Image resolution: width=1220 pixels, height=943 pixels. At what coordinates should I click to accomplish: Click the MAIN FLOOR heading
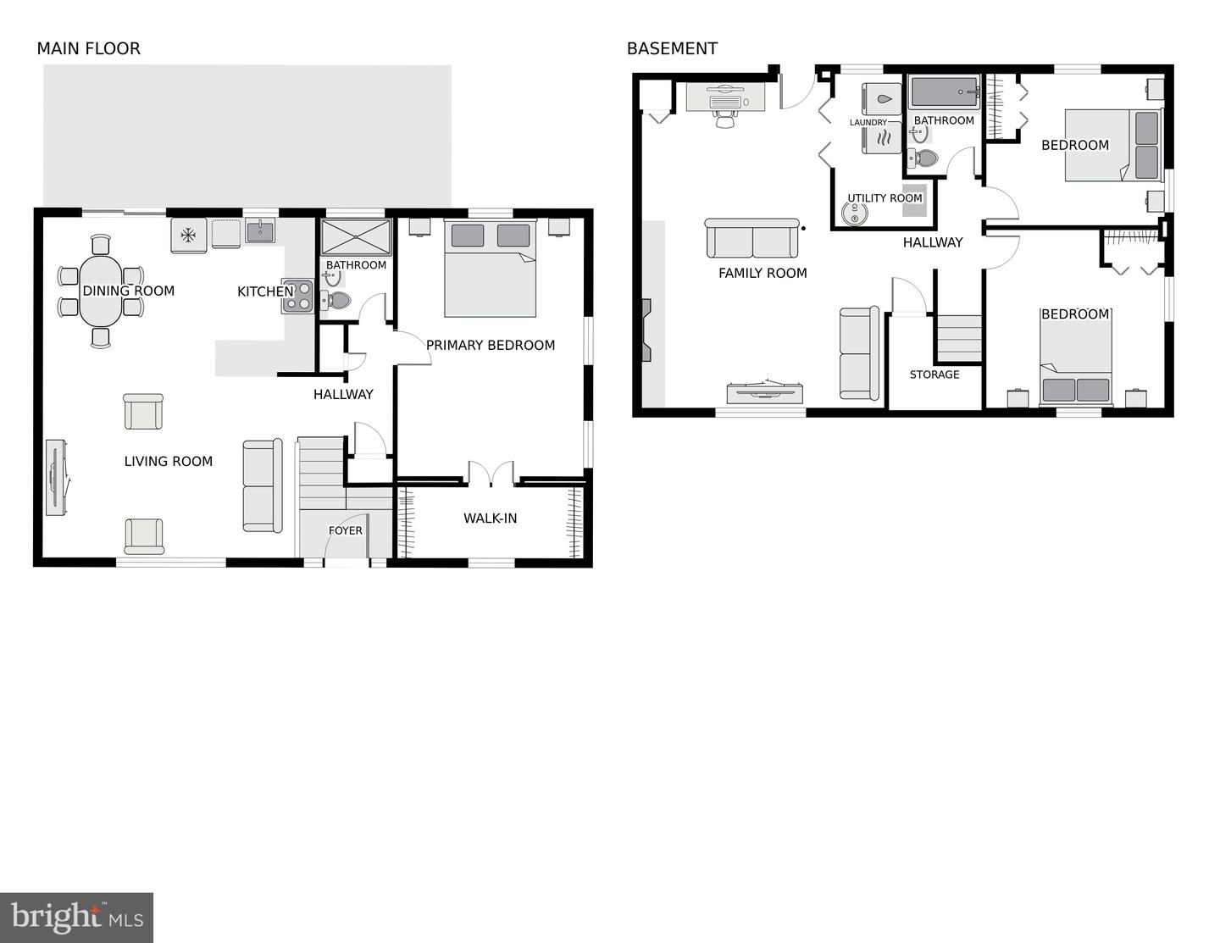88,48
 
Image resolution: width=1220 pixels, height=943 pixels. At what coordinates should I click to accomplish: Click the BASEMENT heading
672,48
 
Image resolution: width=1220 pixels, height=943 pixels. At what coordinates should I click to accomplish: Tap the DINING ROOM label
128,291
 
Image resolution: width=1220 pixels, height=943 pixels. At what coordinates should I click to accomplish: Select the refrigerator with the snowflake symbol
189,235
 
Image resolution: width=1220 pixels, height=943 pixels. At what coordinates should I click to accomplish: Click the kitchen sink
260,230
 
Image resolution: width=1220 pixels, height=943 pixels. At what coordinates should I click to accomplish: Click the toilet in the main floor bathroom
338,300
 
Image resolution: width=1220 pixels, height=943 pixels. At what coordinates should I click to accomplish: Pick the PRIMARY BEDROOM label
491,345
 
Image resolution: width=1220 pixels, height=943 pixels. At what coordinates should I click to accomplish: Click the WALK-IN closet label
490,518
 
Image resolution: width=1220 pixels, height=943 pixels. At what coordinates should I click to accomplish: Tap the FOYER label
345,530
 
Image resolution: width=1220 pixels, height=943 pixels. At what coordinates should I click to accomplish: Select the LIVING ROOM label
168,461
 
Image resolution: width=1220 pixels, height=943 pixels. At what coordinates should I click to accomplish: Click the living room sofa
262,485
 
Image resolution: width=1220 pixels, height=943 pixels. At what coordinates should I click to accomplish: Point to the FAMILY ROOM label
762,273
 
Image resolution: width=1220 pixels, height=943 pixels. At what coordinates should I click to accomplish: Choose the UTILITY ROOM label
884,198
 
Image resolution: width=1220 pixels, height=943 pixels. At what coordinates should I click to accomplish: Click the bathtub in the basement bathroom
944,92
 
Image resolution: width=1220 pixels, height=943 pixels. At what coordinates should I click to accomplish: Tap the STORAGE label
934,374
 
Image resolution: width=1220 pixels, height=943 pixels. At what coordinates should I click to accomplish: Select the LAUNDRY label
868,122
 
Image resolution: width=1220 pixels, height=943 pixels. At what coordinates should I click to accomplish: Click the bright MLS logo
77,918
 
